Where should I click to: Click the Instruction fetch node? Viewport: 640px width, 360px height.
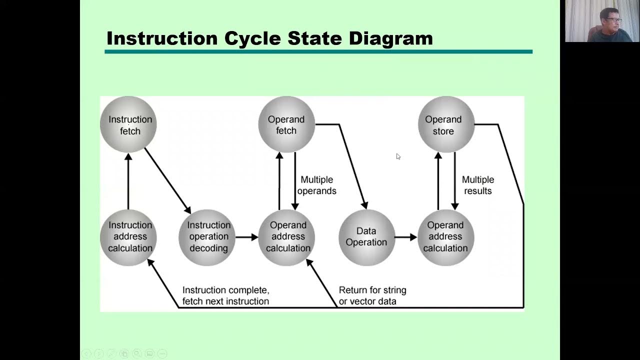pos(128,124)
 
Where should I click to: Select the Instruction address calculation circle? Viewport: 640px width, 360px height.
pos(128,237)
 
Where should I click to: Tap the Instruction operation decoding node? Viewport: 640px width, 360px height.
pos(207,237)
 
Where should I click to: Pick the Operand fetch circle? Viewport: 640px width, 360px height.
pos(286,124)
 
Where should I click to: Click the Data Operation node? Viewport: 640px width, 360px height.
pos(367,237)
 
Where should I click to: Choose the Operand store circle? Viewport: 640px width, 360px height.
pos(446,124)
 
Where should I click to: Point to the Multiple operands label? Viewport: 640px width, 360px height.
pos(317,185)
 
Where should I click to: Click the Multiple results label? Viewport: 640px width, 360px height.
pos(478,185)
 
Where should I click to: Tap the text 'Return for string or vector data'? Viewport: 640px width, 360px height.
pos(372,295)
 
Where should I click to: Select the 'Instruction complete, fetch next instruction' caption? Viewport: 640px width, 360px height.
pos(225,295)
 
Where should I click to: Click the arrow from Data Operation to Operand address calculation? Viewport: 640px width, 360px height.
pos(406,237)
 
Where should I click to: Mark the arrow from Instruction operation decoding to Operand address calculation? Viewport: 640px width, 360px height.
pos(247,237)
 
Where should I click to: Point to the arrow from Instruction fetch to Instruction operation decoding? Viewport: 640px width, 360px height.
pos(167,180)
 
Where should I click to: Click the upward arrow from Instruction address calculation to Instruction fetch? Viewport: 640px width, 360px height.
pos(128,181)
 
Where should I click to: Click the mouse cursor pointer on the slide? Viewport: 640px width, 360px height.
pos(398,156)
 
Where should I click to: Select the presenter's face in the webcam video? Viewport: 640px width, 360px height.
pos(610,20)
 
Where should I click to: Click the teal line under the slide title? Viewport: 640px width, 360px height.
pos(318,51)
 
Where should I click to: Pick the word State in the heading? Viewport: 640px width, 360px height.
pos(314,38)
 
